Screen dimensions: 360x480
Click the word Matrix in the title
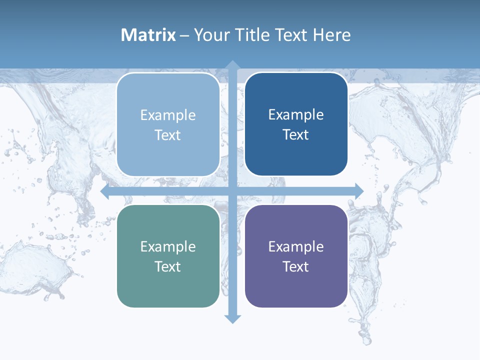coord(148,35)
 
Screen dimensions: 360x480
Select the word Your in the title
coord(211,35)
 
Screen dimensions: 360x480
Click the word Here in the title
coord(331,35)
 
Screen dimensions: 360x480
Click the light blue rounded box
coord(168,124)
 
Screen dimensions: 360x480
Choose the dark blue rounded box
coord(296,124)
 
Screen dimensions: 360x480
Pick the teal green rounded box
coord(168,256)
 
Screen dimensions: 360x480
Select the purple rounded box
coord(296,256)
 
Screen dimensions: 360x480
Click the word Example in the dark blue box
coord(296,115)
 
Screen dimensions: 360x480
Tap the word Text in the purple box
coord(296,266)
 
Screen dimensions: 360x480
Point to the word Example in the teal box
coord(168,247)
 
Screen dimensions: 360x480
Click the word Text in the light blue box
coord(168,135)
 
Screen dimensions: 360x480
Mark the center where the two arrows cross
coord(232,191)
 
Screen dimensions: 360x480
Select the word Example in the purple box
coord(296,247)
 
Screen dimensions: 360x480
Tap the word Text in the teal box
coord(168,266)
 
